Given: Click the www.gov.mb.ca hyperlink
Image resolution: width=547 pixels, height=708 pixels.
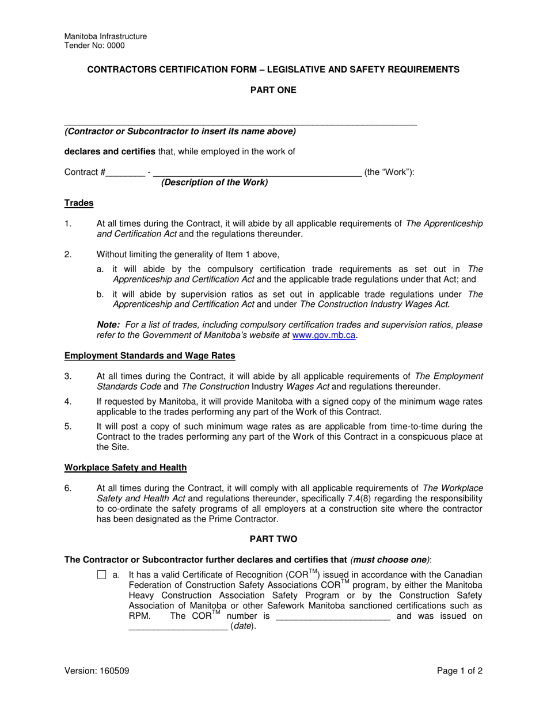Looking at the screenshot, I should coord(324,335).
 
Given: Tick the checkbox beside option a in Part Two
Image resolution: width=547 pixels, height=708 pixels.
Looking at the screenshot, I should coord(102,574).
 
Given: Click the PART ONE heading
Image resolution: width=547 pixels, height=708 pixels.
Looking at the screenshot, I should coord(273,90).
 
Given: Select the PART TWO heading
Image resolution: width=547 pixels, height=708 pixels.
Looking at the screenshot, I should coord(273,539).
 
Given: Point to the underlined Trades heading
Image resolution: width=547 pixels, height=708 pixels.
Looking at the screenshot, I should coord(79,203).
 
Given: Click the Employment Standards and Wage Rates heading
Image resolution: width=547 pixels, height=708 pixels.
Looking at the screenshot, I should coord(150,356).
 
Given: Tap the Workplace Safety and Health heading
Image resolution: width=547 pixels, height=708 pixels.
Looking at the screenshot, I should coord(126,468).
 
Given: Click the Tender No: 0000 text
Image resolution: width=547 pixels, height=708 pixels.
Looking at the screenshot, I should coord(94,45).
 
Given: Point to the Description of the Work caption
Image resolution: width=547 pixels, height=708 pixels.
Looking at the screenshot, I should coord(214,182).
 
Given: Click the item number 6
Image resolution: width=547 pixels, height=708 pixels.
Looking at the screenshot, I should coord(68,489).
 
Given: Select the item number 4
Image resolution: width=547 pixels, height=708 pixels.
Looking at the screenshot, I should coord(68,402).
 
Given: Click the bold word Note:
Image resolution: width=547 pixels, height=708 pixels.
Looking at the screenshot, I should coord(108,325).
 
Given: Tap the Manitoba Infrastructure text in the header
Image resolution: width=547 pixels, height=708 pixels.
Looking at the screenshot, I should coord(105,36).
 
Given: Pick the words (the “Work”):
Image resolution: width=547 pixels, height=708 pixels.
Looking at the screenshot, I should coord(389,172).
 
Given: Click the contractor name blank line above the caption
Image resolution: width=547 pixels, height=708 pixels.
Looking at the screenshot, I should coord(240,123).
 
